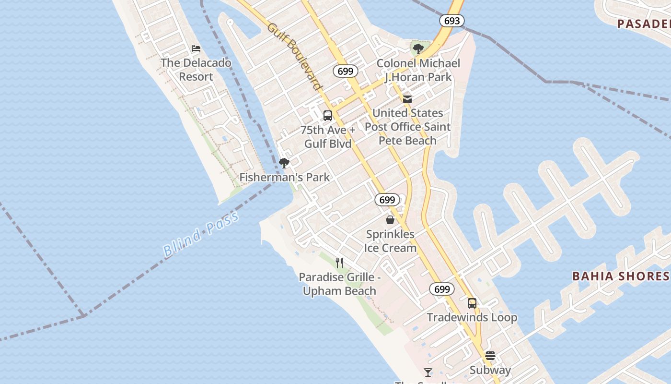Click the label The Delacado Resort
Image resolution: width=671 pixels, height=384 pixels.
point(196,70)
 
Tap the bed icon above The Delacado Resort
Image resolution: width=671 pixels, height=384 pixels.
point(196,48)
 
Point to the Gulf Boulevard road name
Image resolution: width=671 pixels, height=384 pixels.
point(294,56)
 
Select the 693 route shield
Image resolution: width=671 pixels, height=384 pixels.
point(451,21)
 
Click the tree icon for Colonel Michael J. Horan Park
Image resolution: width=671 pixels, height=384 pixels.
point(418,48)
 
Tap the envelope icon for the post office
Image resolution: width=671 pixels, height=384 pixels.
point(407,99)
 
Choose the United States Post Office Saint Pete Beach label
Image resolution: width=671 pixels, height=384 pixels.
point(407,127)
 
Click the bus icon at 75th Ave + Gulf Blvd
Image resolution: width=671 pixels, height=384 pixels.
point(328,116)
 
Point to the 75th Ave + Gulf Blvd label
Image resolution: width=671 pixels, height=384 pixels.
point(328,137)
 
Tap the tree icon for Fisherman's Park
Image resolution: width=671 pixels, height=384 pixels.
point(284,163)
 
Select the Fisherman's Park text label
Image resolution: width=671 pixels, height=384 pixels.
point(285,177)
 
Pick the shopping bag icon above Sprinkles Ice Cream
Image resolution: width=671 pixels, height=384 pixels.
point(390,220)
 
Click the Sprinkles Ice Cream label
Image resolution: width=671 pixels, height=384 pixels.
point(390,241)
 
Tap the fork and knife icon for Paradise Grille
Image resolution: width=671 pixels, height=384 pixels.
point(339,263)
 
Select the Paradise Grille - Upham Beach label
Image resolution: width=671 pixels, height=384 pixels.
point(339,284)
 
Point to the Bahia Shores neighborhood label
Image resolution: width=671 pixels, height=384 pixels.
point(621,276)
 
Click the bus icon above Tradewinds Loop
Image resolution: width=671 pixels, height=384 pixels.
point(472,303)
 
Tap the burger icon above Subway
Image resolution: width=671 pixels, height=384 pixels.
point(490,356)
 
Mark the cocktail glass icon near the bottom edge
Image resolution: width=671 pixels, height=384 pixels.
point(428,372)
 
